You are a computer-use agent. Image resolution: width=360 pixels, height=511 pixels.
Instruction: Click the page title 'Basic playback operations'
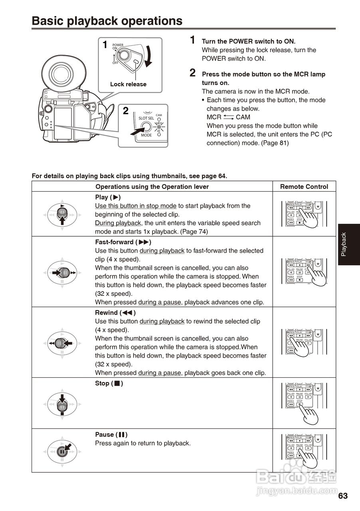coord(107,21)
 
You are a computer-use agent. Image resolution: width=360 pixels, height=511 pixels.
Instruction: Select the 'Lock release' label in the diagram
coord(128,84)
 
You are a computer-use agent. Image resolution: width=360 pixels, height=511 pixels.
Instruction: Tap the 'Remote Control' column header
coord(304,186)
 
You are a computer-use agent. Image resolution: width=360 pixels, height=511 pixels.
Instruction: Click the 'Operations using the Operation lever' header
coord(152,186)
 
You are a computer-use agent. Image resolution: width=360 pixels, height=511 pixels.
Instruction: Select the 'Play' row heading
coord(108,197)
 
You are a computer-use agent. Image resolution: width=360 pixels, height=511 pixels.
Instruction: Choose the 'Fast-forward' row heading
coord(123,242)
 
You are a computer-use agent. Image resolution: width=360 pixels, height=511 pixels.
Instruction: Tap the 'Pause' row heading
coord(111,434)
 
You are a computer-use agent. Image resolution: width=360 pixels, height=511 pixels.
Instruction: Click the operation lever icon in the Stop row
coord(62,403)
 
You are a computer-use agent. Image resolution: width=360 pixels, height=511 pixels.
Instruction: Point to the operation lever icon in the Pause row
coord(62,451)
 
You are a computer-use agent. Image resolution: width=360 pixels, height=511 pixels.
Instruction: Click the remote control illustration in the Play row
coord(304,214)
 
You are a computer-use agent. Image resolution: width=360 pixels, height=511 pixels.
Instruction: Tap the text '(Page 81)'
coord(275,143)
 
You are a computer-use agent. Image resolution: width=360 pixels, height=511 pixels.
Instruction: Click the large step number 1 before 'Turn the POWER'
coord(192,40)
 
